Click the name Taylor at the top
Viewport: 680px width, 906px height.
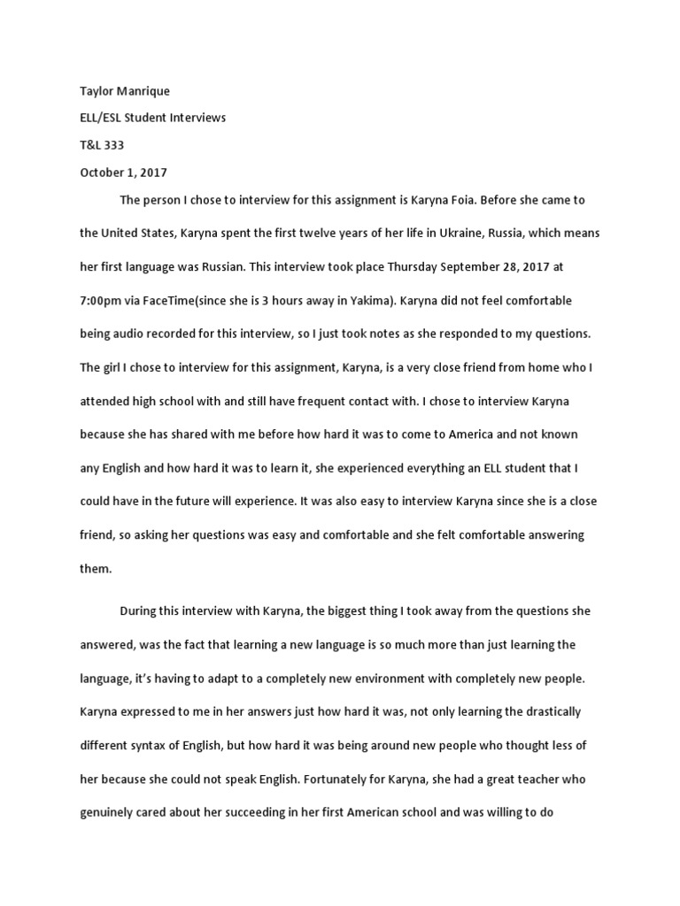(x=96, y=92)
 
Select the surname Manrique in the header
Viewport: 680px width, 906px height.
(x=143, y=92)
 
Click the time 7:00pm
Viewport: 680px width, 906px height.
(x=100, y=300)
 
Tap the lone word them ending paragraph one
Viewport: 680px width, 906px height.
(x=96, y=568)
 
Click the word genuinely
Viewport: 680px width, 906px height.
(x=110, y=812)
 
